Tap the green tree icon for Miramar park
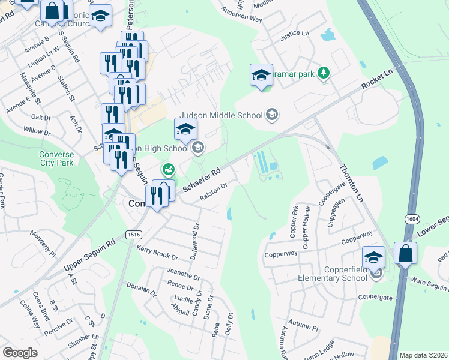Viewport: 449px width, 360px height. click(324, 73)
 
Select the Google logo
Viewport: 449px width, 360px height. click(20, 352)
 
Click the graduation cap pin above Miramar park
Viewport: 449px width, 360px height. click(261, 76)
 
